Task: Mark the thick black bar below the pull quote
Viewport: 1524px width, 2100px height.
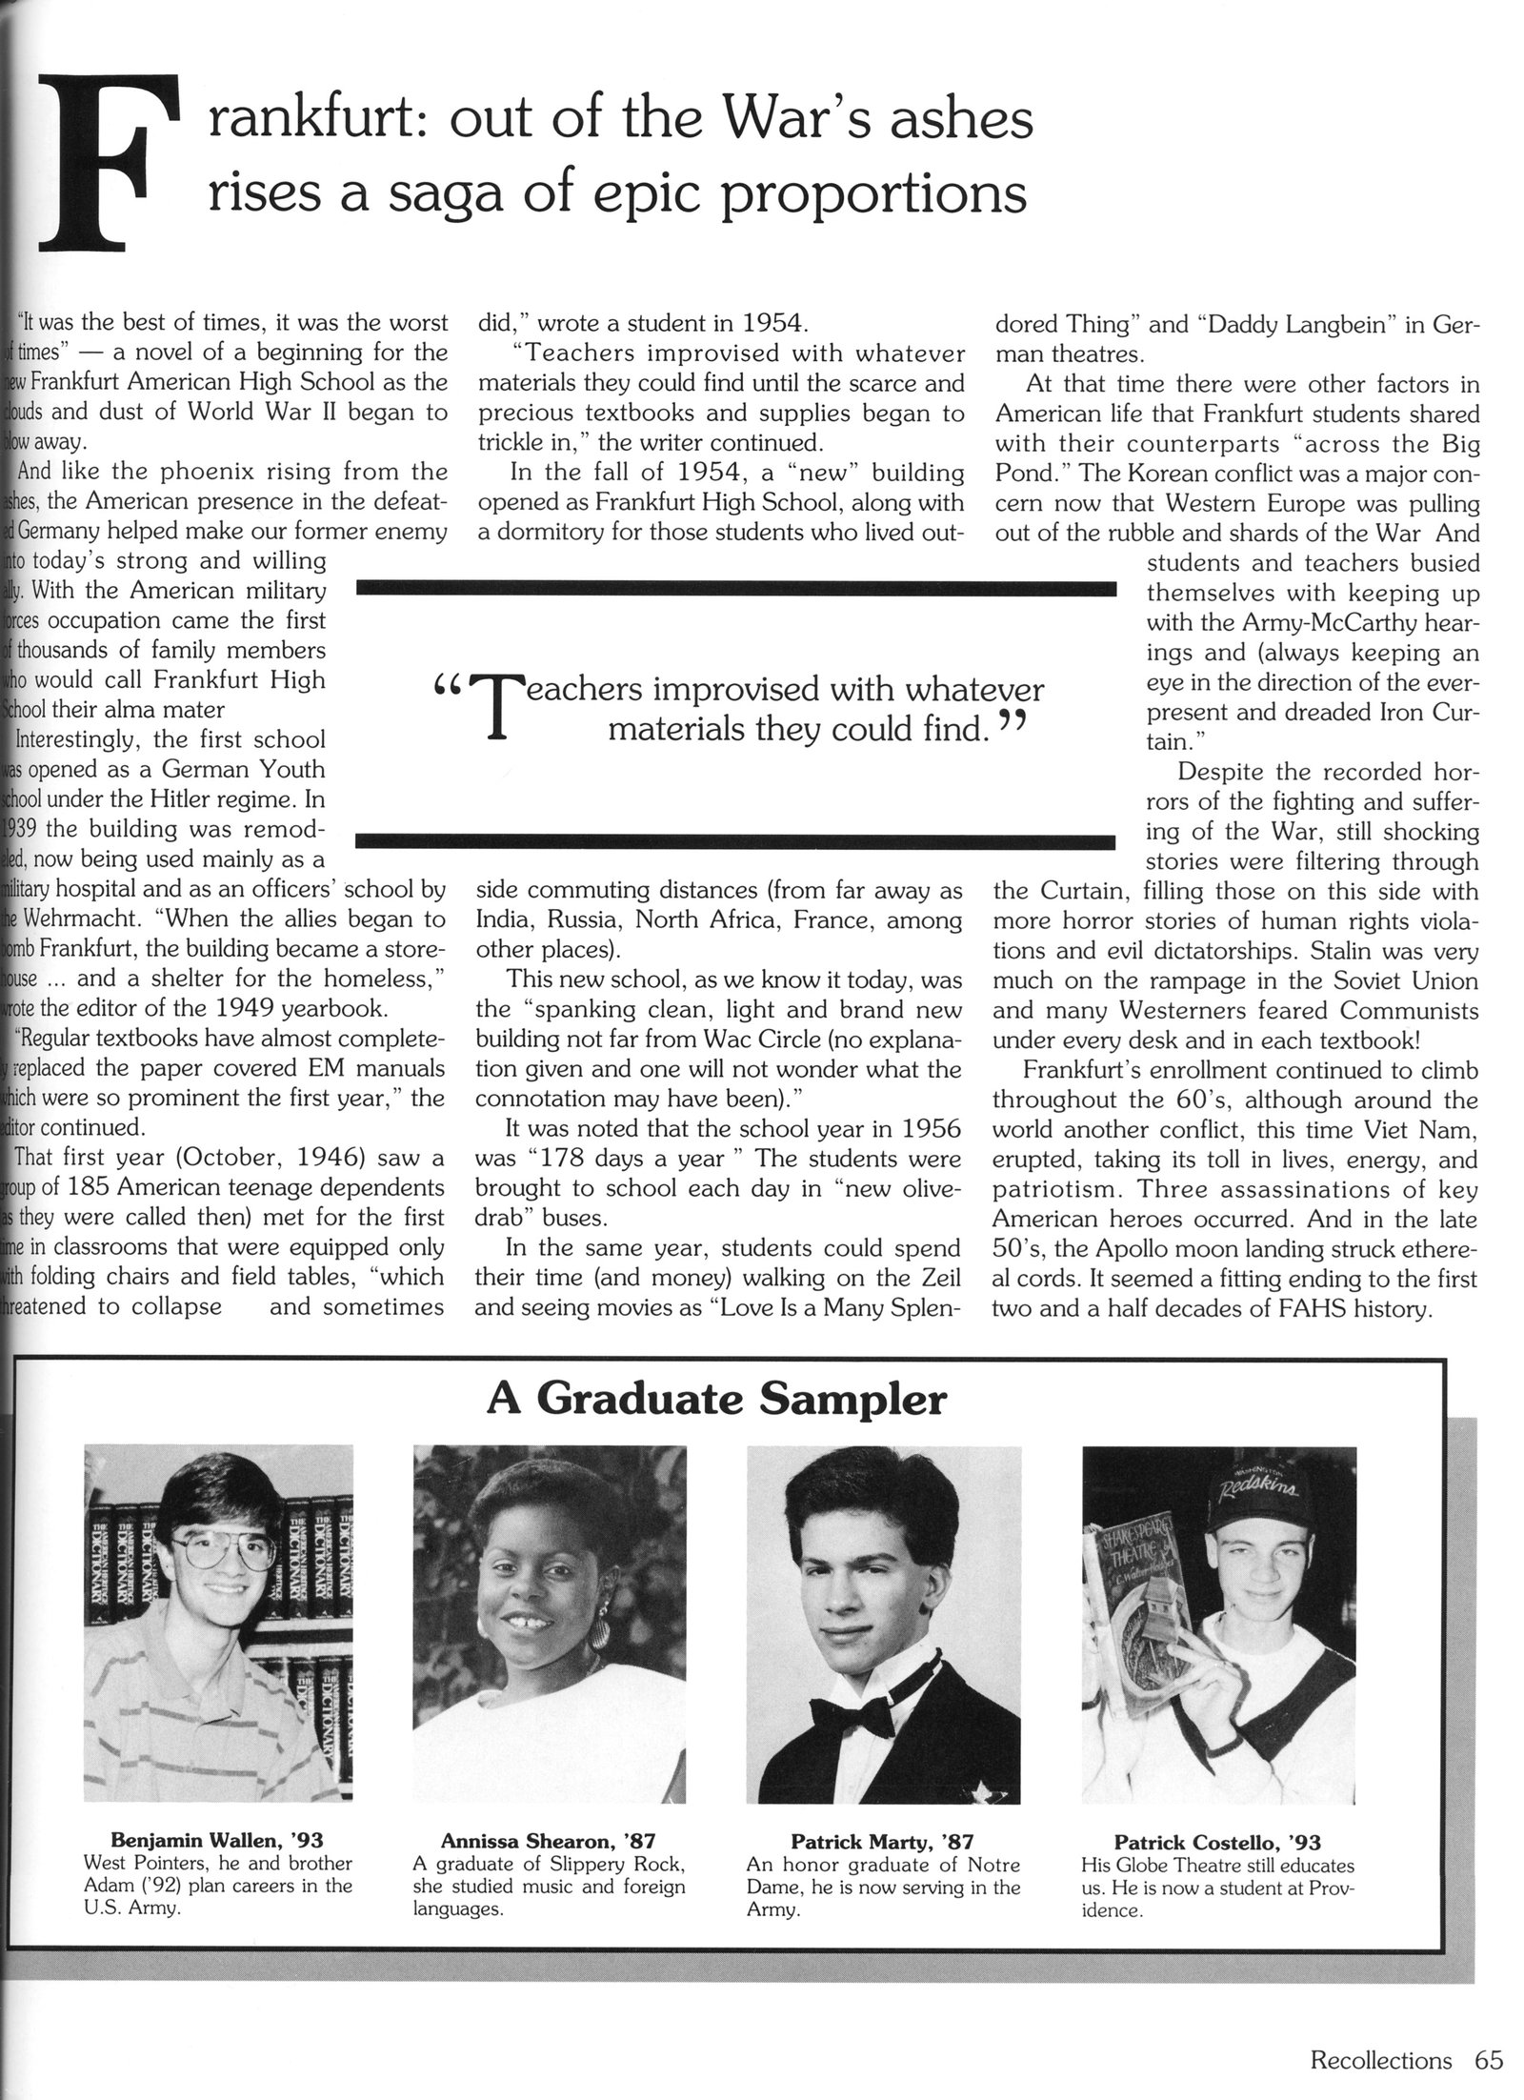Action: [x=733, y=840]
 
